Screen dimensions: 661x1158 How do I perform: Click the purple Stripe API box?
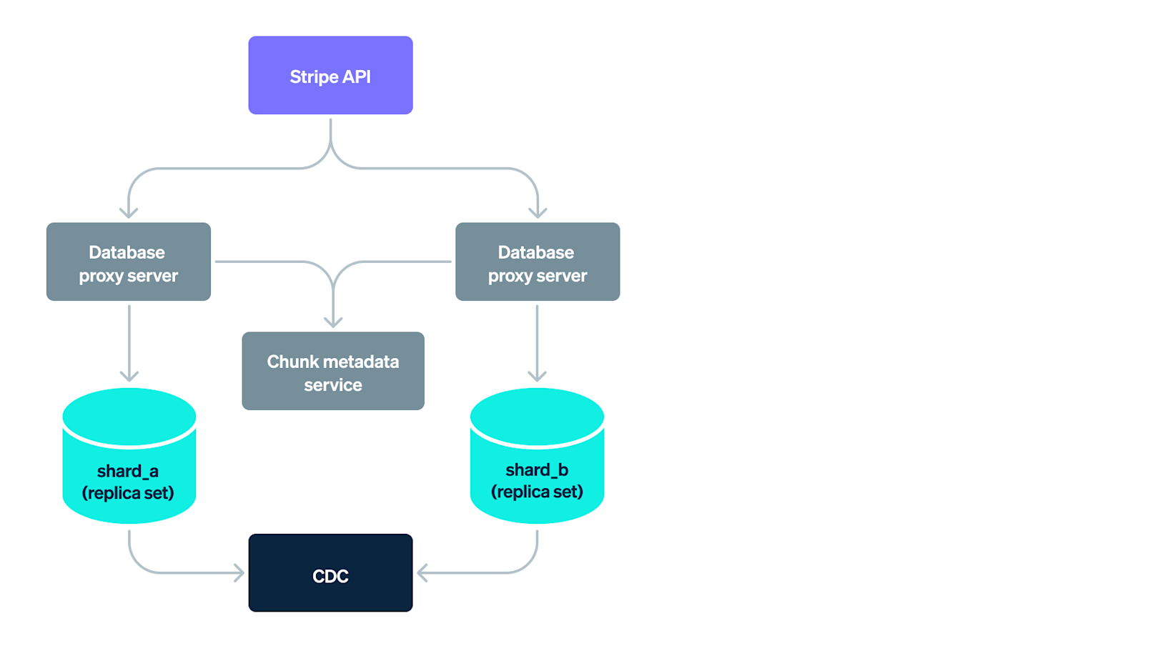click(x=330, y=75)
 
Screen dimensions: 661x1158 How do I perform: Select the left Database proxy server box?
click(x=129, y=262)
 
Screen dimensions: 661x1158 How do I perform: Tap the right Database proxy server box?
click(x=538, y=262)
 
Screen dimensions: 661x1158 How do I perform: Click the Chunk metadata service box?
click(x=333, y=371)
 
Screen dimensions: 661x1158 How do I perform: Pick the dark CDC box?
click(x=330, y=573)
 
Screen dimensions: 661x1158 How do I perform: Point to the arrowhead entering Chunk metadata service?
click(x=333, y=322)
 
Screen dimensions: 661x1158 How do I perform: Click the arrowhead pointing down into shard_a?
click(x=129, y=376)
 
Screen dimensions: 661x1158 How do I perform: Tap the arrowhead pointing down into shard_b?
click(x=537, y=376)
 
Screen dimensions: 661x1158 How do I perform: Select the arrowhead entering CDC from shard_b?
click(x=422, y=573)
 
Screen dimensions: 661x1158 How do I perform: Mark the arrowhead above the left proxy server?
click(x=129, y=212)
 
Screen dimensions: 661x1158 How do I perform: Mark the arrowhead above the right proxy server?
click(x=538, y=212)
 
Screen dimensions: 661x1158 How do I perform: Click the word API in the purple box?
click(x=356, y=76)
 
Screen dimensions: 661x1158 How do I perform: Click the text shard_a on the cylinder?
click(x=128, y=472)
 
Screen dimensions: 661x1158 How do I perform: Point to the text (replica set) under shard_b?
click(x=537, y=492)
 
